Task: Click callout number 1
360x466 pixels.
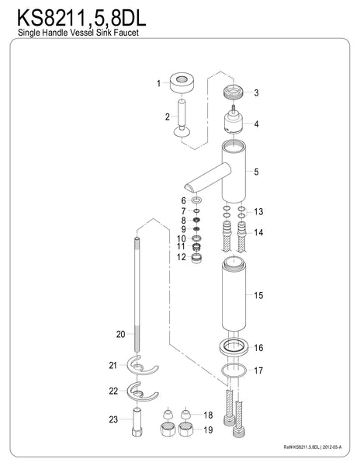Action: (x=159, y=83)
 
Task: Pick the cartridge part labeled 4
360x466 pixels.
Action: (x=234, y=123)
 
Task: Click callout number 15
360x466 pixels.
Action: (x=259, y=296)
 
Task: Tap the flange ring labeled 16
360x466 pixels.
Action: (x=234, y=348)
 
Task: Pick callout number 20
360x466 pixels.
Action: (x=120, y=335)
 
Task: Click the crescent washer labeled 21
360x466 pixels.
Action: (x=138, y=366)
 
